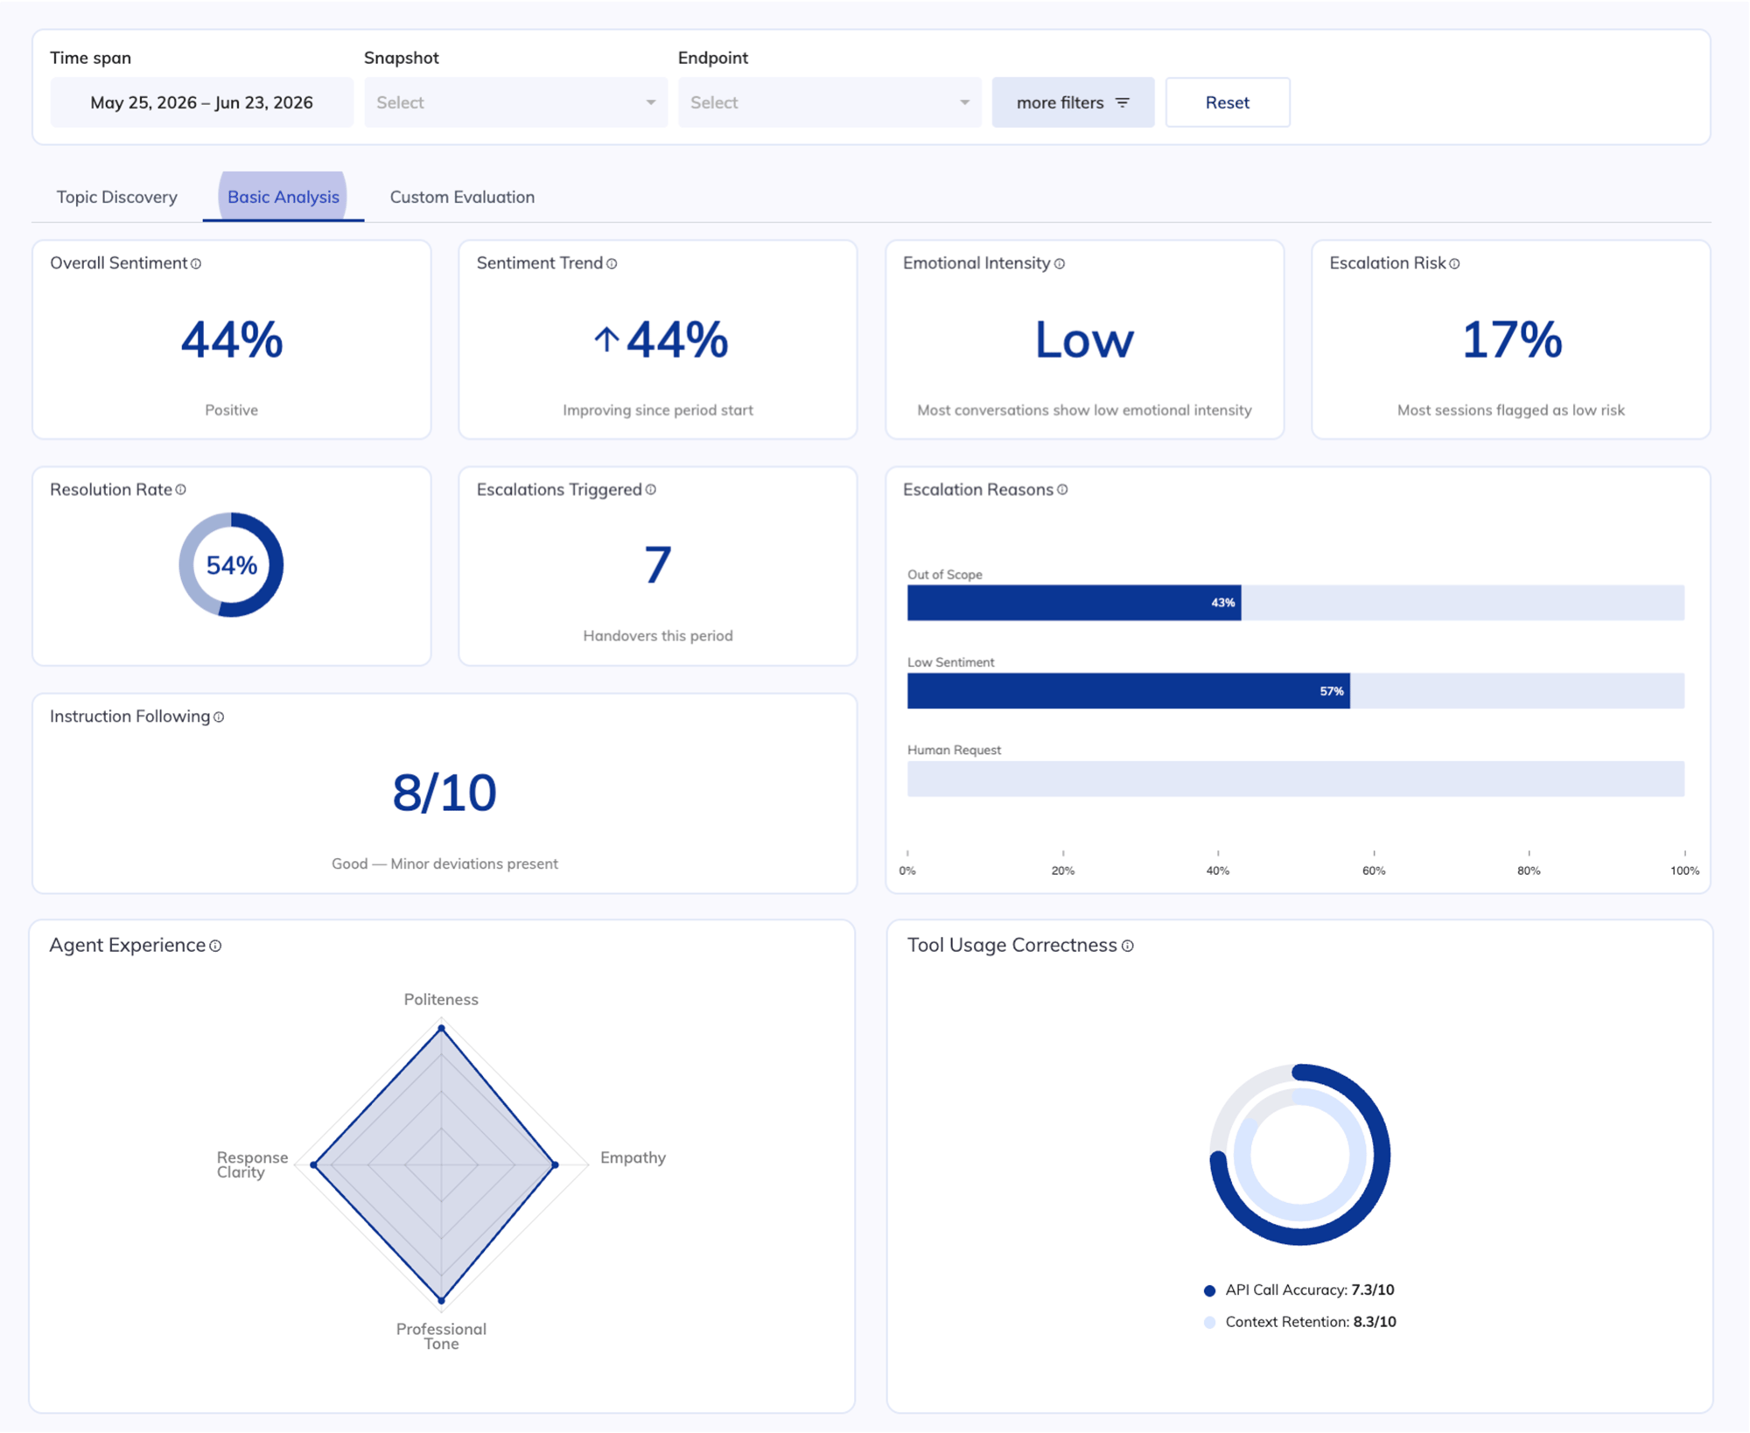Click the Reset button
pos(1227,102)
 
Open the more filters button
pos(1073,102)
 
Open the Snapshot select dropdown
pos(515,102)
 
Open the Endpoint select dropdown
pos(829,102)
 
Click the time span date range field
pos(201,102)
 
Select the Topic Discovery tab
pos(117,197)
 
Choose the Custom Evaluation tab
pos(462,197)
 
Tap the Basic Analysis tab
pos(283,197)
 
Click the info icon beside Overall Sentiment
pos(196,263)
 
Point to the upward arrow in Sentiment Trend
pos(606,339)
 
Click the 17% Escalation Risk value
pos(1511,339)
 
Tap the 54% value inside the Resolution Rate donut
pos(231,565)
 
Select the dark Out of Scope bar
pos(1074,603)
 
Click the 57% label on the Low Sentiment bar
pos(1332,691)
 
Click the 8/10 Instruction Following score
pos(444,793)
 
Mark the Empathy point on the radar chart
pos(556,1164)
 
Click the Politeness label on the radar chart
pos(441,999)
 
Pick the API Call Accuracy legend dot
pos(1209,1290)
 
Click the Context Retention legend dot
pos(1209,1322)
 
